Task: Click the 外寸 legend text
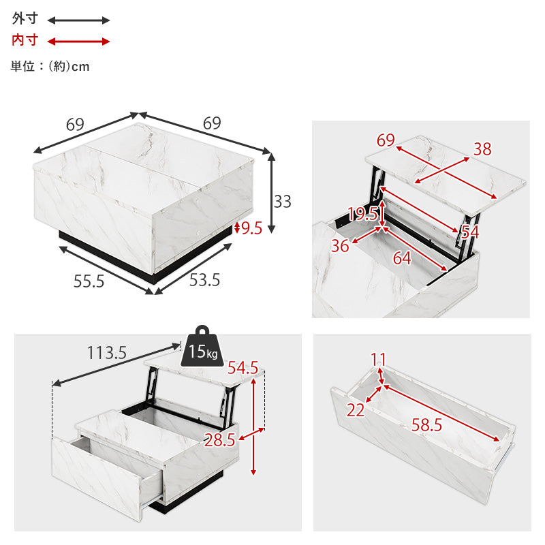(25, 18)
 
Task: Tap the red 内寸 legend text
(25, 40)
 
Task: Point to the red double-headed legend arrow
(78, 42)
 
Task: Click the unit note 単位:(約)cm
(50, 66)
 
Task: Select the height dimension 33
(282, 202)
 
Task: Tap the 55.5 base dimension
(89, 281)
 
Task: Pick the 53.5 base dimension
(204, 280)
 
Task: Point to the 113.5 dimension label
(107, 353)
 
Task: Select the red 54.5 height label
(243, 368)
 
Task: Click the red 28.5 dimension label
(219, 440)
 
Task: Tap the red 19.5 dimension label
(362, 214)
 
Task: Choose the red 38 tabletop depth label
(482, 149)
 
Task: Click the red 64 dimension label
(402, 258)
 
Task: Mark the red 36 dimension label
(339, 246)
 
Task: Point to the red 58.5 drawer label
(426, 424)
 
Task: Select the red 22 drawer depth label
(355, 410)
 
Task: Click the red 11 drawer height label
(378, 359)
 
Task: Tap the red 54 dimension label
(470, 232)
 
